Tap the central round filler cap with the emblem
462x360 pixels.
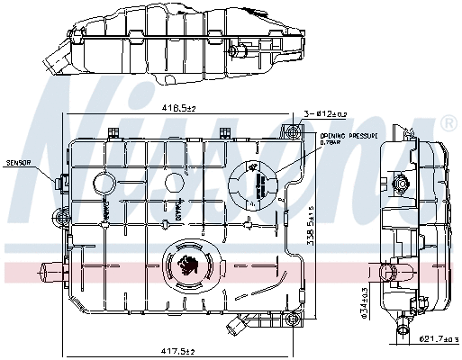tap(190, 266)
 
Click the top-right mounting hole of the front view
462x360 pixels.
tap(292, 132)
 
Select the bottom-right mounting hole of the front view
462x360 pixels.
tap(291, 319)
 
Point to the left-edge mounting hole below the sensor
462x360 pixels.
tap(61, 217)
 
